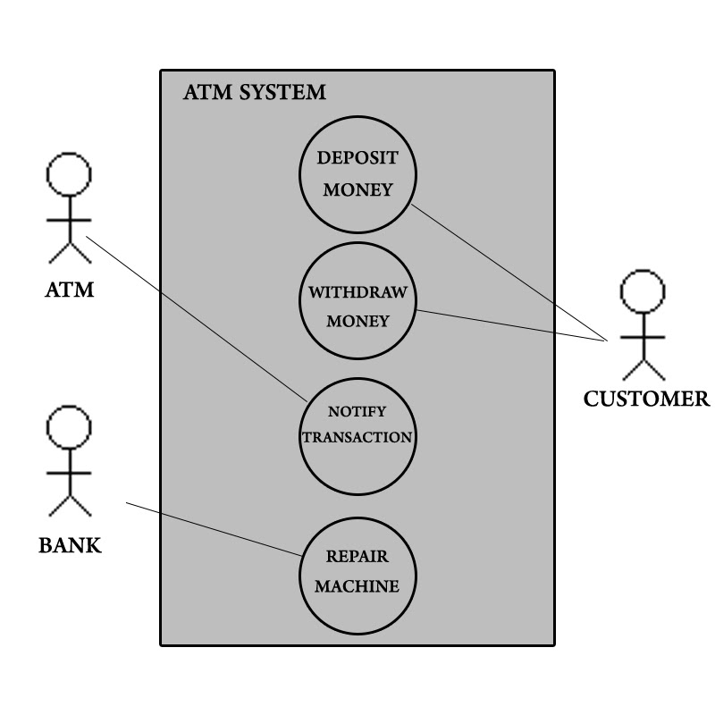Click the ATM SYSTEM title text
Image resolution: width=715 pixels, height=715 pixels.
click(254, 92)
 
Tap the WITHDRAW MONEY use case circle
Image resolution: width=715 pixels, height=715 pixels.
click(357, 304)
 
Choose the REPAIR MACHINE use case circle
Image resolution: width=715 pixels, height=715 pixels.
click(357, 572)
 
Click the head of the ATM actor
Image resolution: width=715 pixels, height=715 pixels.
click(69, 173)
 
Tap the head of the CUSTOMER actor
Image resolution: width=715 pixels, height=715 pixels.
click(643, 292)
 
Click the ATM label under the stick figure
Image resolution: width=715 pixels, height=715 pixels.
click(69, 290)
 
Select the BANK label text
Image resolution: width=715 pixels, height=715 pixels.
click(70, 544)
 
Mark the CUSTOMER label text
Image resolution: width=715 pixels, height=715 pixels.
click(646, 399)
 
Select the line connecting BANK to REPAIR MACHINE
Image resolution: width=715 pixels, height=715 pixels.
click(214, 529)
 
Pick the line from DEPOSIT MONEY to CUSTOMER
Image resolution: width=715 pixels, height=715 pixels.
click(509, 273)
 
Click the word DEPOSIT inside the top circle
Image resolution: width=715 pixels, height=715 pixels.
click(357, 157)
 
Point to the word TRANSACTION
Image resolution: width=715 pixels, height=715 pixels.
click(357, 438)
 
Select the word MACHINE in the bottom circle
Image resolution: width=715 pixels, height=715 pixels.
click(357, 587)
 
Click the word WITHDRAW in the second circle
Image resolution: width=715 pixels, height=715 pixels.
click(357, 292)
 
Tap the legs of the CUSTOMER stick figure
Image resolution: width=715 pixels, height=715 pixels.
click(643, 368)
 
